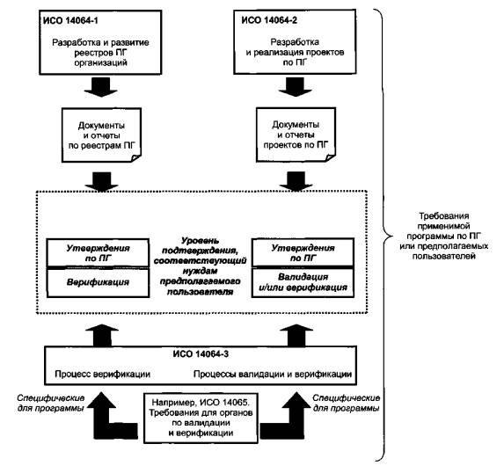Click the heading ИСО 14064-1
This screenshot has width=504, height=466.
pyautogui.click(x=70, y=21)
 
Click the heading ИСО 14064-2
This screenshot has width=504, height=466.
pyautogui.click(x=269, y=20)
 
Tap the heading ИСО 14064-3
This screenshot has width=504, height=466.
pyautogui.click(x=201, y=354)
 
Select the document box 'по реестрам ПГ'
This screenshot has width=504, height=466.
pyautogui.click(x=101, y=135)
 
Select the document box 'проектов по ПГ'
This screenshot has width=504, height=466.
pyautogui.click(x=296, y=135)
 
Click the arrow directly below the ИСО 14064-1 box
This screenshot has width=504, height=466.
pyautogui.click(x=101, y=87)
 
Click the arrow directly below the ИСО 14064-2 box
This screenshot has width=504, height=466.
pyautogui.click(x=295, y=86)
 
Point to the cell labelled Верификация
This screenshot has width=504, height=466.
pyautogui.click(x=98, y=282)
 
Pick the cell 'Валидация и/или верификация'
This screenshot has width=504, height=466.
pyautogui.click(x=303, y=282)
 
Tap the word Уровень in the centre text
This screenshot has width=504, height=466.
pyautogui.click(x=200, y=241)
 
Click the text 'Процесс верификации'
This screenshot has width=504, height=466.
pyautogui.click(x=103, y=375)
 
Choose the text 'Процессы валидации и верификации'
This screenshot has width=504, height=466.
pyautogui.click(x=273, y=375)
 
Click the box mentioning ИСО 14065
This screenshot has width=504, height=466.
pyautogui.click(x=201, y=418)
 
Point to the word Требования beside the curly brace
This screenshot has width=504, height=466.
pyautogui.click(x=444, y=215)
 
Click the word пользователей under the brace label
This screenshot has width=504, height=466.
pyautogui.click(x=444, y=257)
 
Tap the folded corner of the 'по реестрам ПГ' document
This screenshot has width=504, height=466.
pyautogui.click(x=136, y=158)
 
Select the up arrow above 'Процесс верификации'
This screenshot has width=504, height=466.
pyautogui.click(x=101, y=335)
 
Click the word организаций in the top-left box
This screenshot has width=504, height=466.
pyautogui.click(x=100, y=62)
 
